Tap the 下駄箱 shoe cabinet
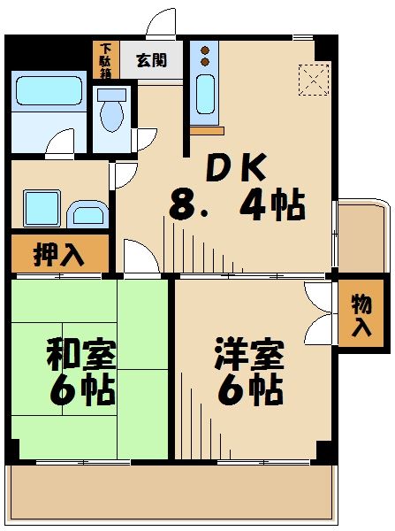pos(106,60)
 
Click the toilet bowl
pos(112,113)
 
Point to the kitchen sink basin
pos(203,95)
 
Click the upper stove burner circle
pos(204,50)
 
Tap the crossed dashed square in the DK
pos(313,80)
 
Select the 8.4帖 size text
pos(239,207)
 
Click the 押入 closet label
pos(58,254)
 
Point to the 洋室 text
pos(248,357)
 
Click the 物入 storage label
pos(361,316)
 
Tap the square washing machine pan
pos(42,207)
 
